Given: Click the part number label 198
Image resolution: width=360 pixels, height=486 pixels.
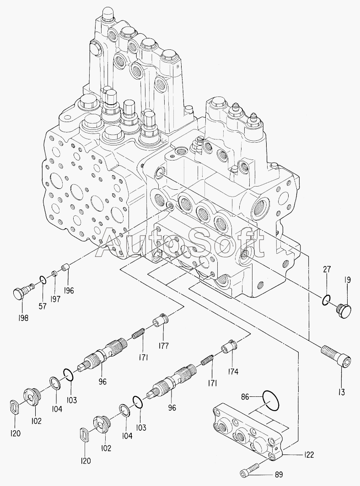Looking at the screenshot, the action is [22, 318].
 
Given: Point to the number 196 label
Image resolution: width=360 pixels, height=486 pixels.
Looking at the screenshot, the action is [69, 290].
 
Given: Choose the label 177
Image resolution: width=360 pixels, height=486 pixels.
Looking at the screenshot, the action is [164, 346].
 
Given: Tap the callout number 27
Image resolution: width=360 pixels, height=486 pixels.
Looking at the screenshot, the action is [327, 270].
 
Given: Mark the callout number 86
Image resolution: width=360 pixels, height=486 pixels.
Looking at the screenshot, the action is [245, 397].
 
